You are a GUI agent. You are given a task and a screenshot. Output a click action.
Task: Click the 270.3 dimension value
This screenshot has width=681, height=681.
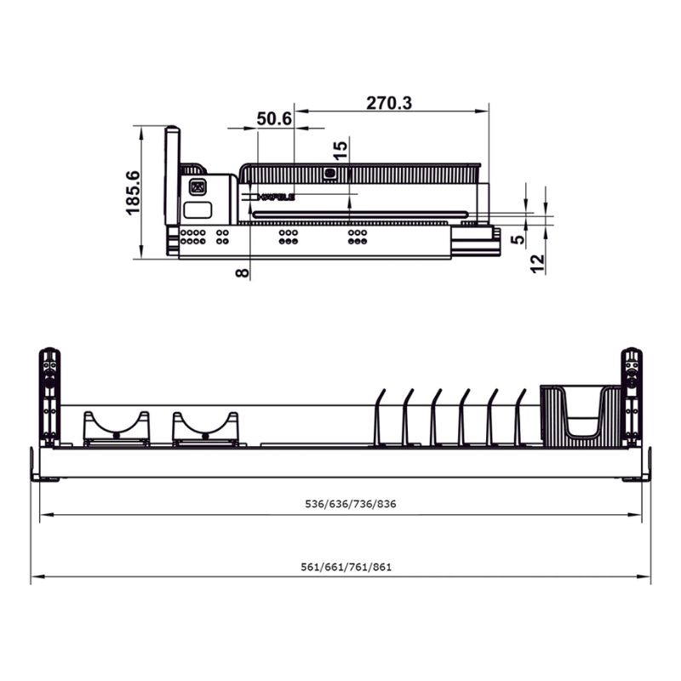point(389,103)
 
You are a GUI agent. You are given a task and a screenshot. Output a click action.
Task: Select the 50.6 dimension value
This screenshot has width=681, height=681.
point(274,119)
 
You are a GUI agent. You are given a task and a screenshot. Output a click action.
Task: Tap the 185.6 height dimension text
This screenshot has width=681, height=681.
point(133,192)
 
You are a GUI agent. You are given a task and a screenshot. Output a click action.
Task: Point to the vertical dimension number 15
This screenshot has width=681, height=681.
point(340,152)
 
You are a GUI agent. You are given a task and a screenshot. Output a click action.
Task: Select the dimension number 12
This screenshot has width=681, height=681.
point(537,264)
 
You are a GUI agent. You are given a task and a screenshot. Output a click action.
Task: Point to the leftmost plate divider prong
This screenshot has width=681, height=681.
point(380,417)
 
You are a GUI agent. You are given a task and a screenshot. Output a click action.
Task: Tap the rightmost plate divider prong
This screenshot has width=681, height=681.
point(521,417)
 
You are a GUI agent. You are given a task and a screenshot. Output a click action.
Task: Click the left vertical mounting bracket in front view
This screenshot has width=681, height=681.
point(50,396)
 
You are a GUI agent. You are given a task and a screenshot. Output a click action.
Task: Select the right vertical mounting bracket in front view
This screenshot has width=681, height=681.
point(631,396)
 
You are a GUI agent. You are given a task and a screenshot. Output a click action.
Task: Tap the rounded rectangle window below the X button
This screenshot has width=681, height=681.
point(197,210)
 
